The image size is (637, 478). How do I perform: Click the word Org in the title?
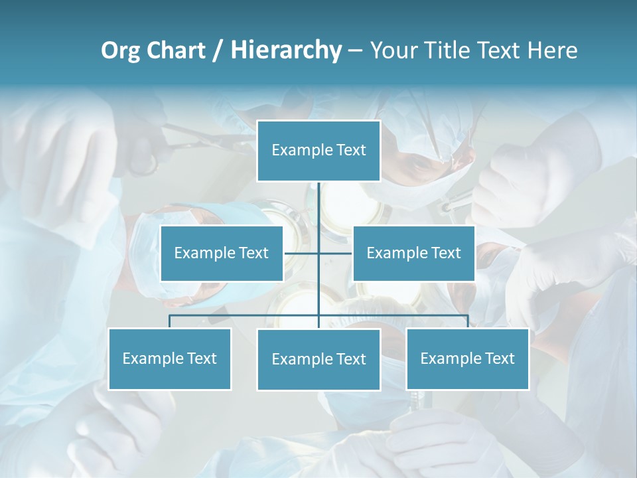[121, 50]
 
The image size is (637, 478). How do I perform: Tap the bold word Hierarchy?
[286, 50]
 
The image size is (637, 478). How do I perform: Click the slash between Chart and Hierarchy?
[218, 51]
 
